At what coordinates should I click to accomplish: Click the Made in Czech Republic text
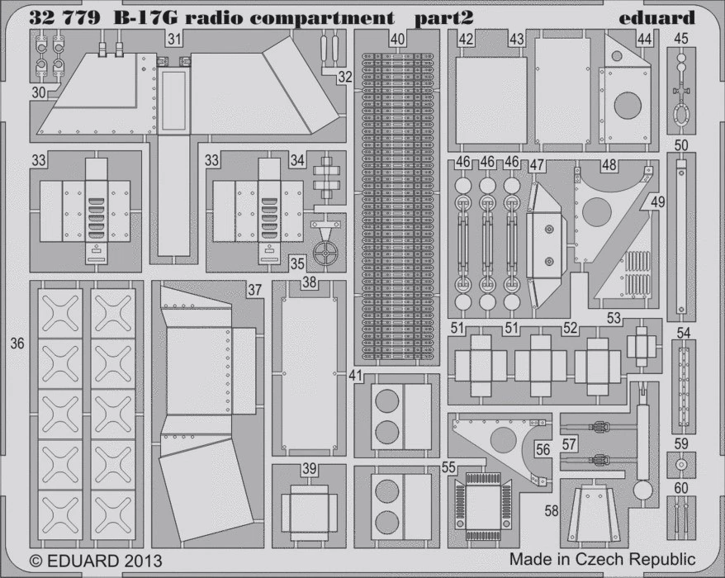[x=602, y=559]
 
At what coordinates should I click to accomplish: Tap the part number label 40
[x=397, y=39]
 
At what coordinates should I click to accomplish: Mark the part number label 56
[x=543, y=451]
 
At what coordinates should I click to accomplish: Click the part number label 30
[x=39, y=93]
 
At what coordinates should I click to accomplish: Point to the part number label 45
[x=680, y=39]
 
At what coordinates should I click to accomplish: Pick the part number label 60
[x=680, y=488]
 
